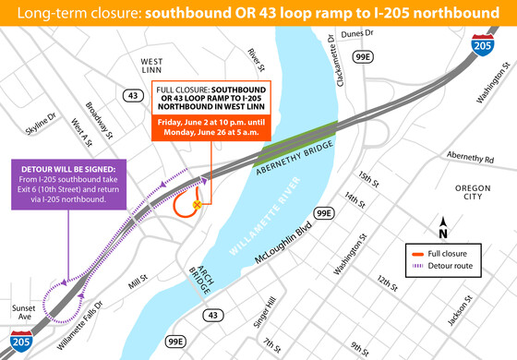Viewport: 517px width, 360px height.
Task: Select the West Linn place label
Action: [x=151, y=67]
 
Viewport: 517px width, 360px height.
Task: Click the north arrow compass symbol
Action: [x=443, y=224]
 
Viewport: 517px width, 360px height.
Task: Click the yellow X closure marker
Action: [x=197, y=205]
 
